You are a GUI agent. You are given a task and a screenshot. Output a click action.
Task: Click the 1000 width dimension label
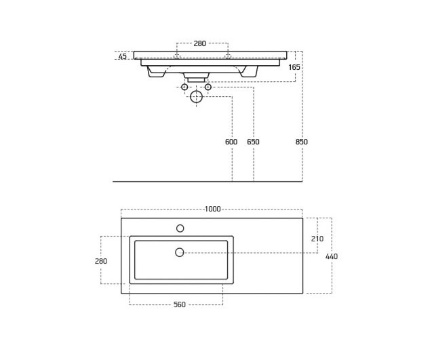(212, 209)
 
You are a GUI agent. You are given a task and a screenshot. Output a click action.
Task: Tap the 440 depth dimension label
(332, 256)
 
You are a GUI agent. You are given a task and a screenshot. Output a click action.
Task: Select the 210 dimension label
(317, 239)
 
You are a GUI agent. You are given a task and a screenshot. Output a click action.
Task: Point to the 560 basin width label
(179, 304)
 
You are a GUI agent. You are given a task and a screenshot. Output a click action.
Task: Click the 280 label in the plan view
(101, 261)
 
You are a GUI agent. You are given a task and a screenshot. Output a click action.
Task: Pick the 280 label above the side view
(199, 43)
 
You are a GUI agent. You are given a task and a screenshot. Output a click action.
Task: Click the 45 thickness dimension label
(122, 56)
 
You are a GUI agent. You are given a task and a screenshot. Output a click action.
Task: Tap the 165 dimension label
(294, 67)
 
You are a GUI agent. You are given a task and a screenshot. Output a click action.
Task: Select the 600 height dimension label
(231, 142)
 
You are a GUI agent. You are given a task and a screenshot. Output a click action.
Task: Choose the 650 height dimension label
(253, 142)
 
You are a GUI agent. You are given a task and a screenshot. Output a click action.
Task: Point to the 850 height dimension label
(301, 142)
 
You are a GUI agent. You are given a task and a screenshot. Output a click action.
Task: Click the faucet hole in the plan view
(180, 228)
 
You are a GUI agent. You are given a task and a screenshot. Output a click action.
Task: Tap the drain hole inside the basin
(179, 252)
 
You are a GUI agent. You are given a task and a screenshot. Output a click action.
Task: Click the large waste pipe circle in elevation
(196, 96)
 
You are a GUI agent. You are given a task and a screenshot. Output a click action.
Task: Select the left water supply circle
(184, 87)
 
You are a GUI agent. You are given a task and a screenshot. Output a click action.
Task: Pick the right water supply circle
(208, 87)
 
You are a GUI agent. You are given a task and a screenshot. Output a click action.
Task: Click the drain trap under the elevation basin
(196, 77)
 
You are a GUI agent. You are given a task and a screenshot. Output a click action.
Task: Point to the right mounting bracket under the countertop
(249, 71)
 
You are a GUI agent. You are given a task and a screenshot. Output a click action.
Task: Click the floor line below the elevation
(208, 182)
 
